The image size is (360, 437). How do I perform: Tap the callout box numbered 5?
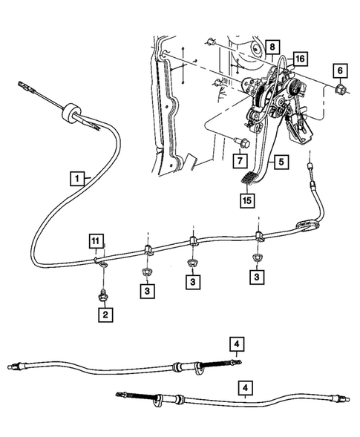[281, 160]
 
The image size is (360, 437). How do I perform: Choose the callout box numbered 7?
[240, 160]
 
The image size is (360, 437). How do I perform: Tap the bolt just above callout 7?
[240, 142]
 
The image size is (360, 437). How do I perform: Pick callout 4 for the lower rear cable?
[244, 387]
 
